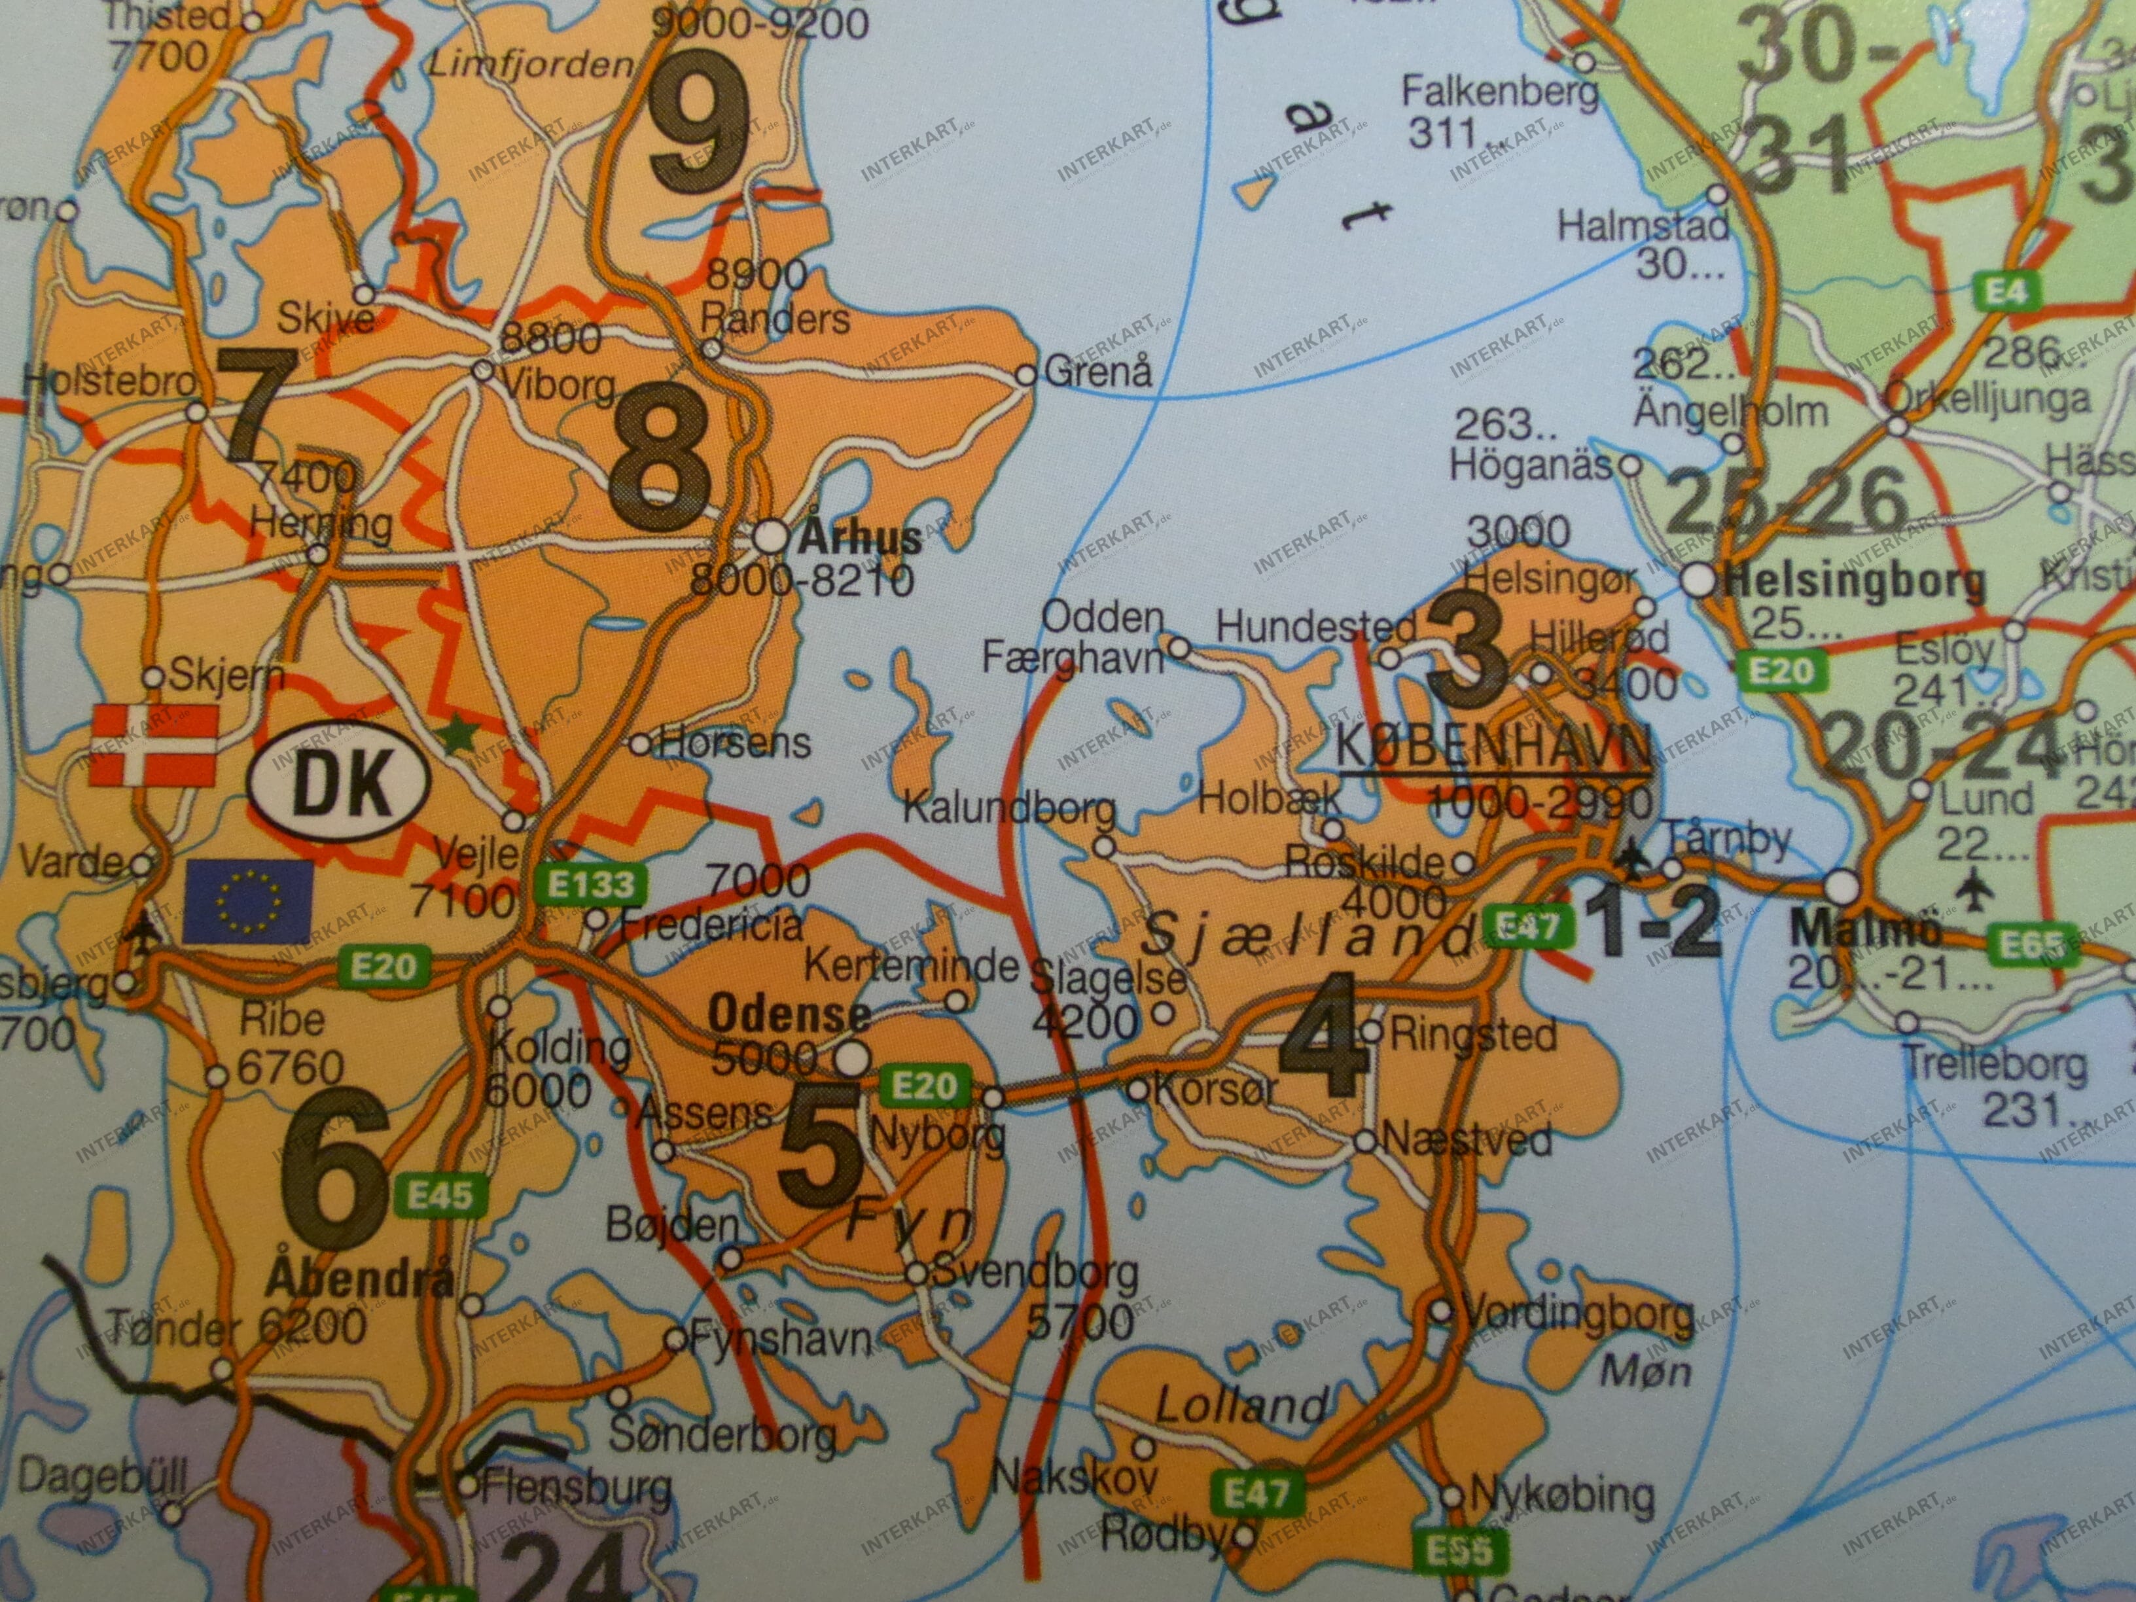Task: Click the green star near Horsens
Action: [x=457, y=736]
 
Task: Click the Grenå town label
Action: [x=1098, y=372]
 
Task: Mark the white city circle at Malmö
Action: [x=1842, y=885]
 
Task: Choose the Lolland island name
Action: [x=1240, y=1405]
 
